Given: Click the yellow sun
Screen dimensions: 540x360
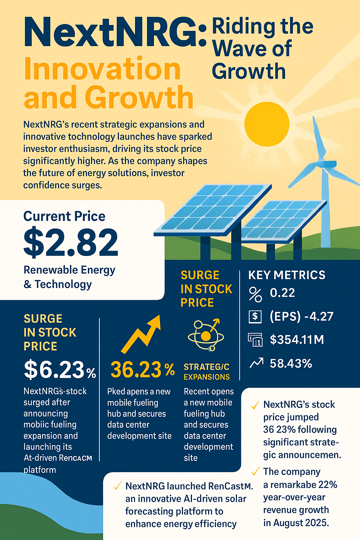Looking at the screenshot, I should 267,124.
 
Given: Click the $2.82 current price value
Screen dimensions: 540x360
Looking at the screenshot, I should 71,243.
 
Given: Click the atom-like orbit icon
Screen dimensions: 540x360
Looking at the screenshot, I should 206,335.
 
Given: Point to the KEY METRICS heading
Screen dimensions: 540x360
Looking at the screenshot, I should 287,275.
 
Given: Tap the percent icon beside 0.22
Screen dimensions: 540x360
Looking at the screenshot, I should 255,294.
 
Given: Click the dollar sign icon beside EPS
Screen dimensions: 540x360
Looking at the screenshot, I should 255,317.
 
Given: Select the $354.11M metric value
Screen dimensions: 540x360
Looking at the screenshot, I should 297,340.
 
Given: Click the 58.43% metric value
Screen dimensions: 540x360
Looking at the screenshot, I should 291,364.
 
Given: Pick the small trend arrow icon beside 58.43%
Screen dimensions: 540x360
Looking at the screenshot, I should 256,363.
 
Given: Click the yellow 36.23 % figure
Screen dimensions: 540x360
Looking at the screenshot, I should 142,370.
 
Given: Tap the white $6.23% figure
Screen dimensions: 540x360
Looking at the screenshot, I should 60,370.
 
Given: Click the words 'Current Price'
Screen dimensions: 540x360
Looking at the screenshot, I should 64,216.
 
